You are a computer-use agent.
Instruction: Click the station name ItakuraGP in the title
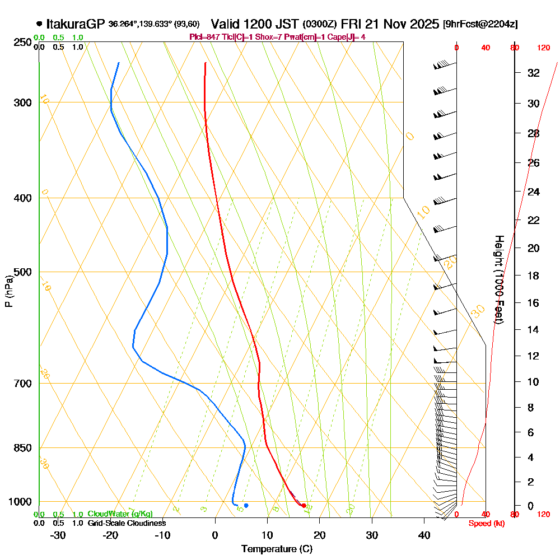(x=76, y=24)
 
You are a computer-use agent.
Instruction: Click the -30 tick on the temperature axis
(x=58, y=535)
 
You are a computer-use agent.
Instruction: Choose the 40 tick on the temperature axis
(x=424, y=535)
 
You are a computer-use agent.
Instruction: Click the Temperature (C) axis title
(x=277, y=549)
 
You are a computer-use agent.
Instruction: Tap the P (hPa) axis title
(x=8, y=291)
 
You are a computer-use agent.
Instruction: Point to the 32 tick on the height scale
(x=534, y=73)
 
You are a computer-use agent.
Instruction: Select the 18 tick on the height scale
(x=534, y=276)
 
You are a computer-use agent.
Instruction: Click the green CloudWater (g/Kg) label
(x=120, y=514)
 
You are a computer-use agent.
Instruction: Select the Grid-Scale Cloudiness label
(x=127, y=523)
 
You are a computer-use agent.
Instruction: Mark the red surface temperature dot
(x=304, y=506)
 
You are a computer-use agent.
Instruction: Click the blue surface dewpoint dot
(x=246, y=506)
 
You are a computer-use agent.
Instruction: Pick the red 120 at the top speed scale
(x=543, y=48)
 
